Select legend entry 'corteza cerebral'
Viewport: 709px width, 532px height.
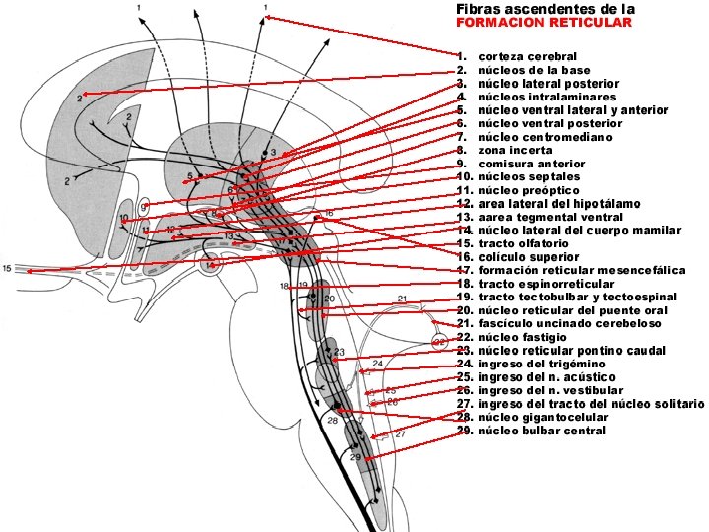point(527,57)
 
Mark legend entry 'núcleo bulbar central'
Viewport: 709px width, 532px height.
point(541,431)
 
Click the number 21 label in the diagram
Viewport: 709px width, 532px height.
point(402,299)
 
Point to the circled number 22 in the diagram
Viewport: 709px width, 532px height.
point(439,343)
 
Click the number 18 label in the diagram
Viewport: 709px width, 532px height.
point(285,287)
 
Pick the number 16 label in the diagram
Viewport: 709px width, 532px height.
point(329,213)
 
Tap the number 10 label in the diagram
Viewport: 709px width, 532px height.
point(124,218)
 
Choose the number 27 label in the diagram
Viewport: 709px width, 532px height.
point(401,433)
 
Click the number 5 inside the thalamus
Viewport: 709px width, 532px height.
point(188,178)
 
